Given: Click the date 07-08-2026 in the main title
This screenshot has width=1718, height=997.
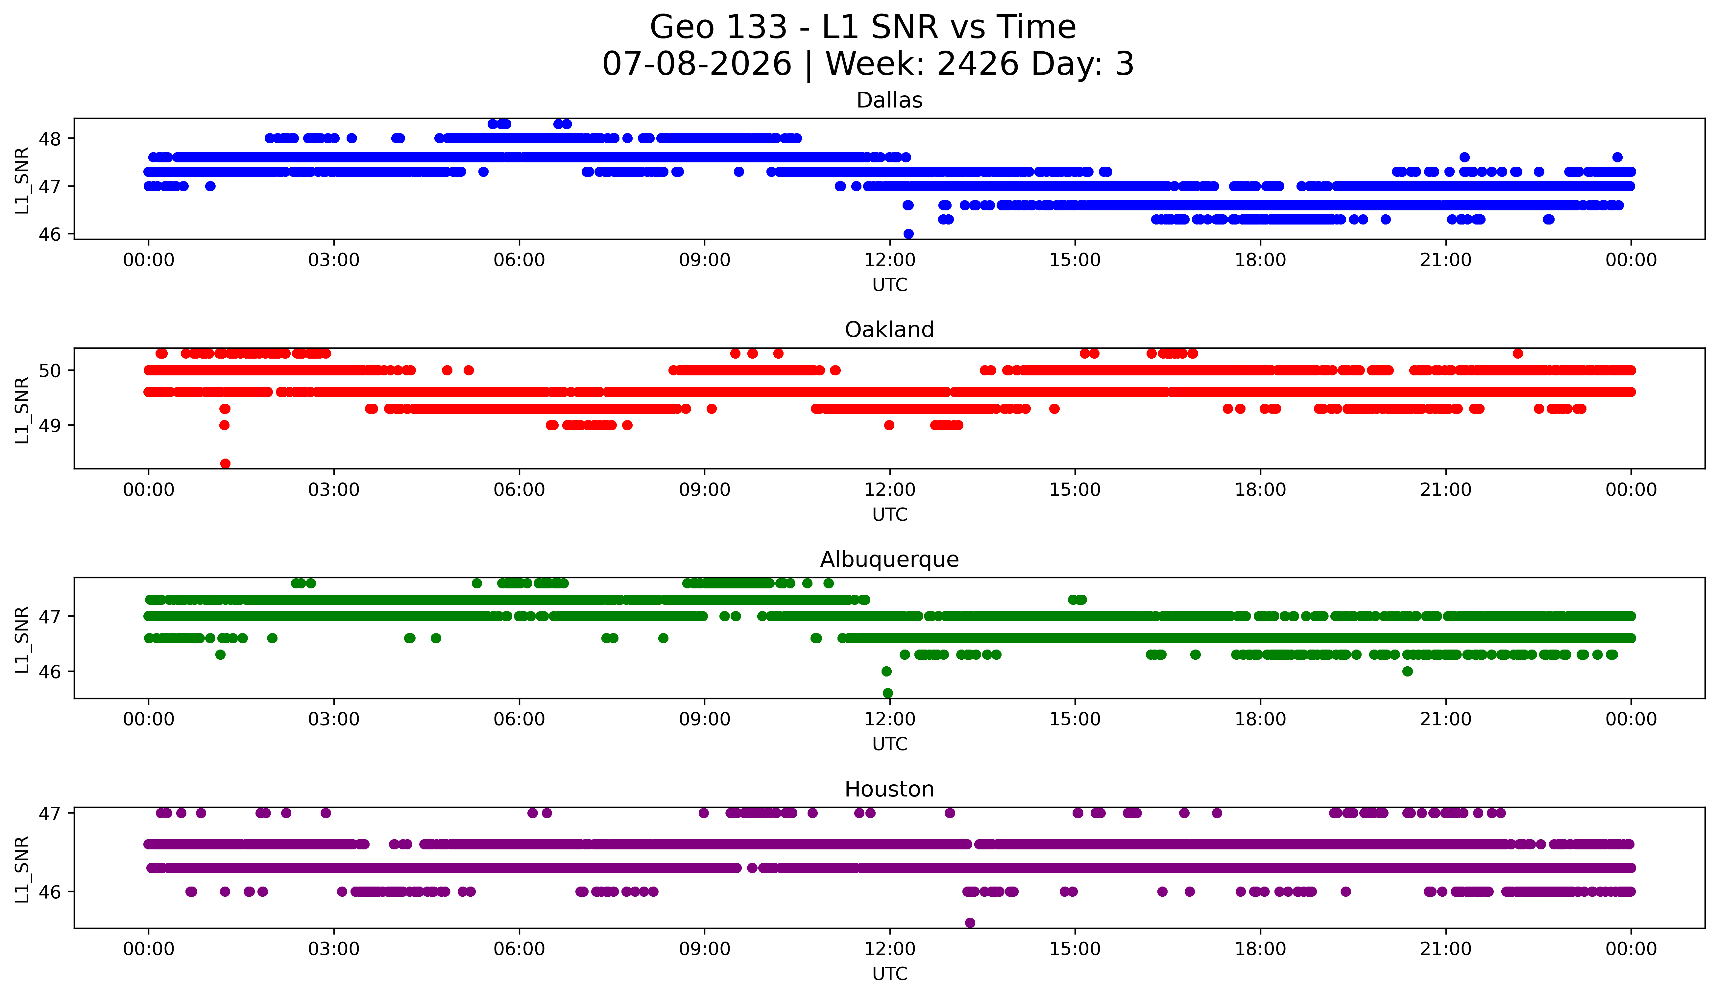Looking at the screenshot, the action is point(697,64).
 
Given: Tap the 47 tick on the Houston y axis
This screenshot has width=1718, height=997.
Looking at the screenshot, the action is point(49,813).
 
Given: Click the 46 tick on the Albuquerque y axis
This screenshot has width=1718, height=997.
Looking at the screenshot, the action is point(49,672).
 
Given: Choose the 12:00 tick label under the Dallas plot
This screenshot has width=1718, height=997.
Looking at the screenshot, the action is point(890,260).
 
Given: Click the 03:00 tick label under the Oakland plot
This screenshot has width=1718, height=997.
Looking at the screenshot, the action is point(334,490).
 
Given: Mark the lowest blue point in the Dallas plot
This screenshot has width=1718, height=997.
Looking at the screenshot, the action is point(908,234).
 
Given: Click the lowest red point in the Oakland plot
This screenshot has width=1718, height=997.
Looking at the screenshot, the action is point(225,463).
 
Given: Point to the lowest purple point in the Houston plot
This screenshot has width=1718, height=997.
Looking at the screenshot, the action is point(969,923).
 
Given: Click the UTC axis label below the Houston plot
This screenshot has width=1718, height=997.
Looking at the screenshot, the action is point(890,974).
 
